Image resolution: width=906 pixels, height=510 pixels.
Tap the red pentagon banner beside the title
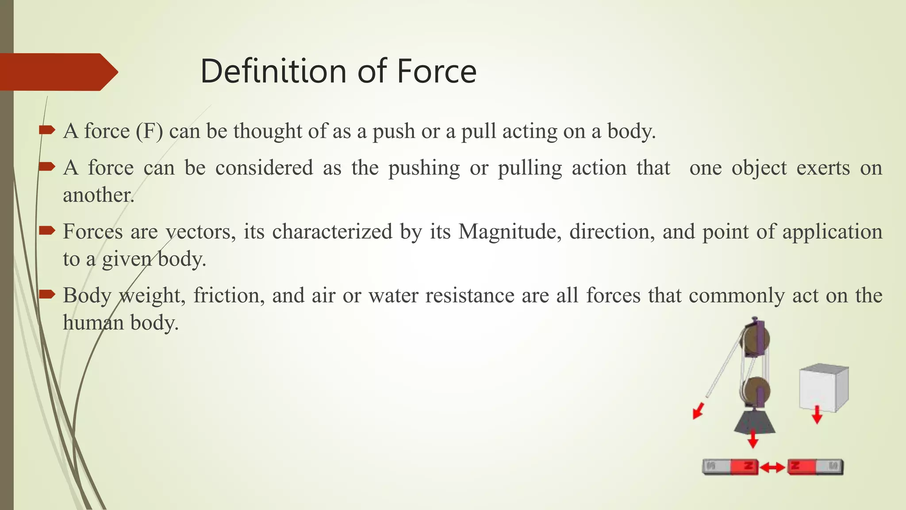click(x=58, y=72)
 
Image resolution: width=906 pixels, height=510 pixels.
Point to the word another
click(x=98, y=195)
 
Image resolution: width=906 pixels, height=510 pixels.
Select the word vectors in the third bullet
click(x=200, y=232)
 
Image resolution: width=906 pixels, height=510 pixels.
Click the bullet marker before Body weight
click(x=46, y=294)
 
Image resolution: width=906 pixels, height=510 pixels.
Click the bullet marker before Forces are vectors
click(x=46, y=230)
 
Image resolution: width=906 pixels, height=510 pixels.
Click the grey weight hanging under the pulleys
click(x=754, y=421)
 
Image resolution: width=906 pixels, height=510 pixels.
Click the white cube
click(x=823, y=387)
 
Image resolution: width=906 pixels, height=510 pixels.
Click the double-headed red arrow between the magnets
click(x=773, y=467)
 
